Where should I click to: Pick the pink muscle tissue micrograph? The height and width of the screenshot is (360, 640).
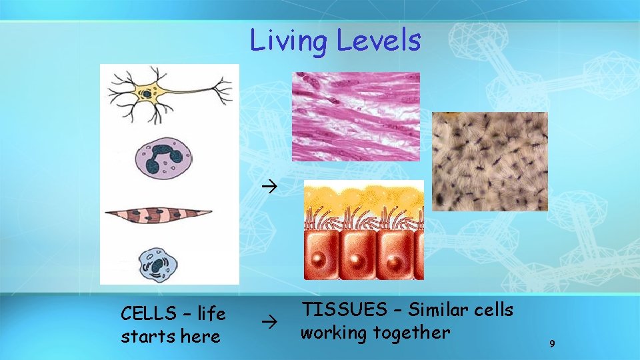point(356,117)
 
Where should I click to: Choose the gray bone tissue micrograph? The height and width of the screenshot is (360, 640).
point(490,161)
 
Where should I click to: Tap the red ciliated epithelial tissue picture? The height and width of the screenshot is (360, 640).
point(363,230)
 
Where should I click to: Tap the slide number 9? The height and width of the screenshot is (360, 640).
point(552,344)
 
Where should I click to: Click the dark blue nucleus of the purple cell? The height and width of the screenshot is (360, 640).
point(163,160)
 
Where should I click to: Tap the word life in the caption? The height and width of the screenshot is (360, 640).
point(209,313)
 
